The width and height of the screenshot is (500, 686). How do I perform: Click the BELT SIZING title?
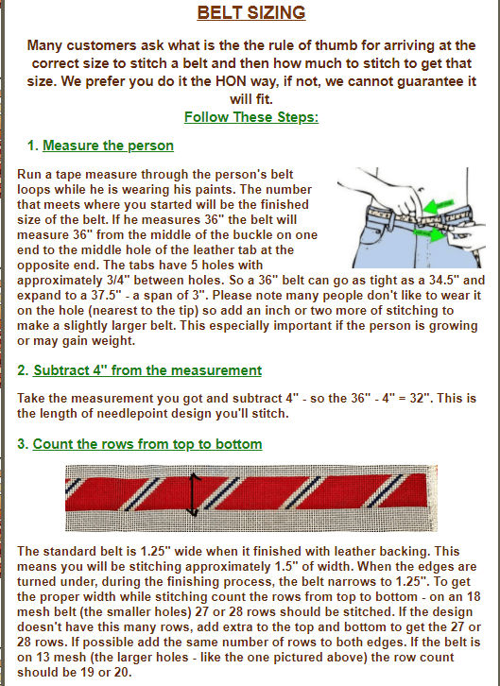(251, 12)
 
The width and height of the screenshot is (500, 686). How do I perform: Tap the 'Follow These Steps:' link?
(251, 117)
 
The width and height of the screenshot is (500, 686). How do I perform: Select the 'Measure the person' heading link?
(108, 146)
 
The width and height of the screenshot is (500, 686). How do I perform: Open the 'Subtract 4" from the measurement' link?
(147, 370)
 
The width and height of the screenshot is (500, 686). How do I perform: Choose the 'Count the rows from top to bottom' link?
(147, 444)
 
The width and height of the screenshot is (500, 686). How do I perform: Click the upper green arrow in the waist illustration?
(439, 207)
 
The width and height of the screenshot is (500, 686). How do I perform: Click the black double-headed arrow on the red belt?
(193, 494)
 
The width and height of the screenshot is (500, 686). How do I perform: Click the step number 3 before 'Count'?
(21, 444)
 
